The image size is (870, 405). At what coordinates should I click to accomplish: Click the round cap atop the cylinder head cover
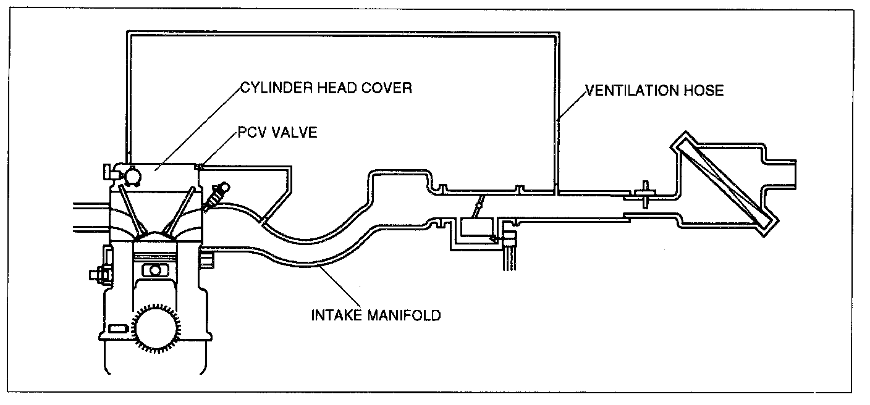(131, 175)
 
